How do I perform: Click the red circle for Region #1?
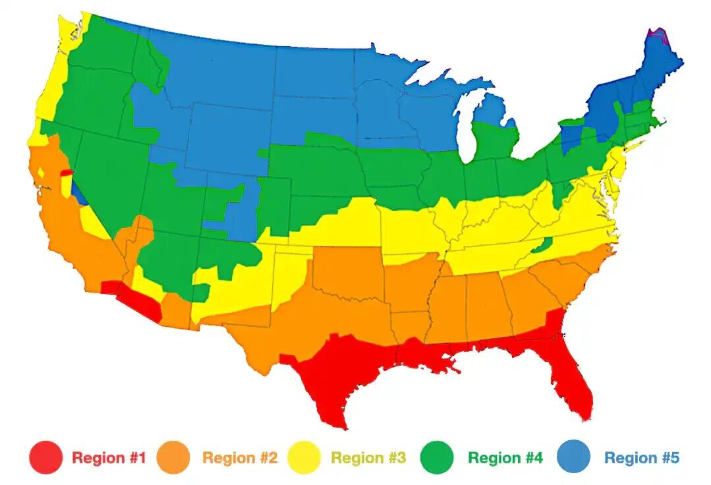[x=46, y=457]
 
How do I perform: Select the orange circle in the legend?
[x=173, y=457]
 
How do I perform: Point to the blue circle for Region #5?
[x=574, y=457]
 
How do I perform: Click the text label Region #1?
[x=109, y=457]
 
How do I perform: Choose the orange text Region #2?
[x=239, y=457]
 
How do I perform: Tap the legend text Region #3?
[x=368, y=457]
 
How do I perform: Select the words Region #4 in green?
[x=505, y=457]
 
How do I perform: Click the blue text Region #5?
[x=641, y=457]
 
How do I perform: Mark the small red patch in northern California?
[x=67, y=173]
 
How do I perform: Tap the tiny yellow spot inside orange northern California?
[x=42, y=173]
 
